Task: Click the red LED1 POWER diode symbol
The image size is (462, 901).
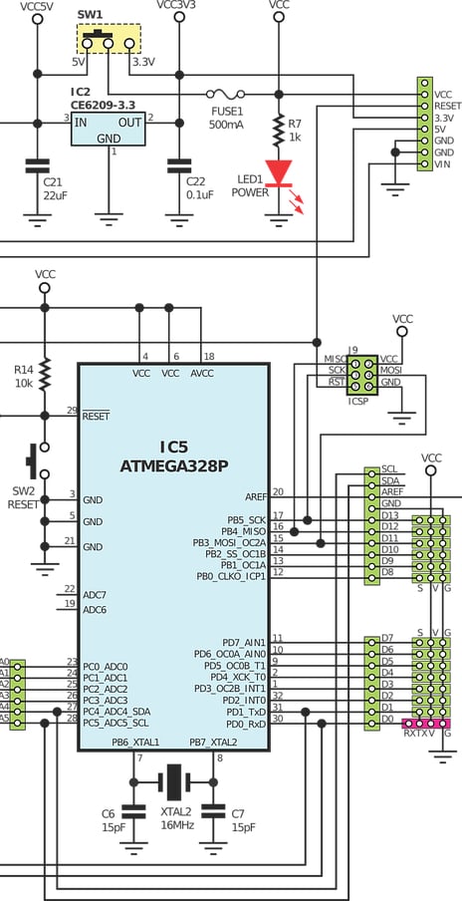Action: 278,170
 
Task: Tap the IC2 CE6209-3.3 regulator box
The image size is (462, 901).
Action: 109,129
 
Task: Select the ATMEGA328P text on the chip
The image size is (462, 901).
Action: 173,464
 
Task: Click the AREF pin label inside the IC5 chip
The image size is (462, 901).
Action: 255,495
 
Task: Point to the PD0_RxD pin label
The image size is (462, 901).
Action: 244,725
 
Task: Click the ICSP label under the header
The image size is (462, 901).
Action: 360,403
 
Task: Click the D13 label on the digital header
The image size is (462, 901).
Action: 389,515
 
